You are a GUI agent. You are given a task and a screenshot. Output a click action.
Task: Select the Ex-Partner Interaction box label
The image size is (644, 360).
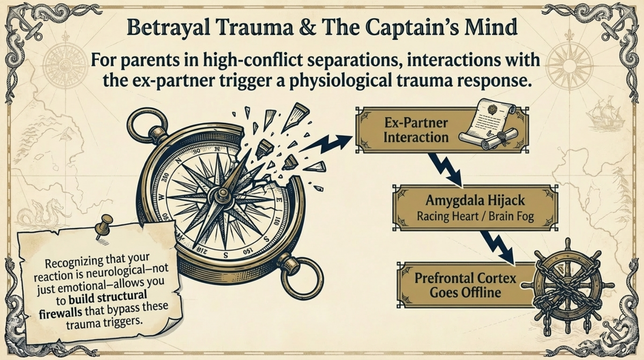[415, 130]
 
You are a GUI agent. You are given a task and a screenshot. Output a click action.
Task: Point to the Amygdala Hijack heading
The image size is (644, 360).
[475, 200]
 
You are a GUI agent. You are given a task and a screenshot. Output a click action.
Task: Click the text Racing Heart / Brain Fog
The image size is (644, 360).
[475, 217]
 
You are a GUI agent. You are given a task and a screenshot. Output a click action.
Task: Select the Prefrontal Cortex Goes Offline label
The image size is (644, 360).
[465, 285]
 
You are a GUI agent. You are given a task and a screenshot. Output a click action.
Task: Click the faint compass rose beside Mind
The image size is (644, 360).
[569, 64]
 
